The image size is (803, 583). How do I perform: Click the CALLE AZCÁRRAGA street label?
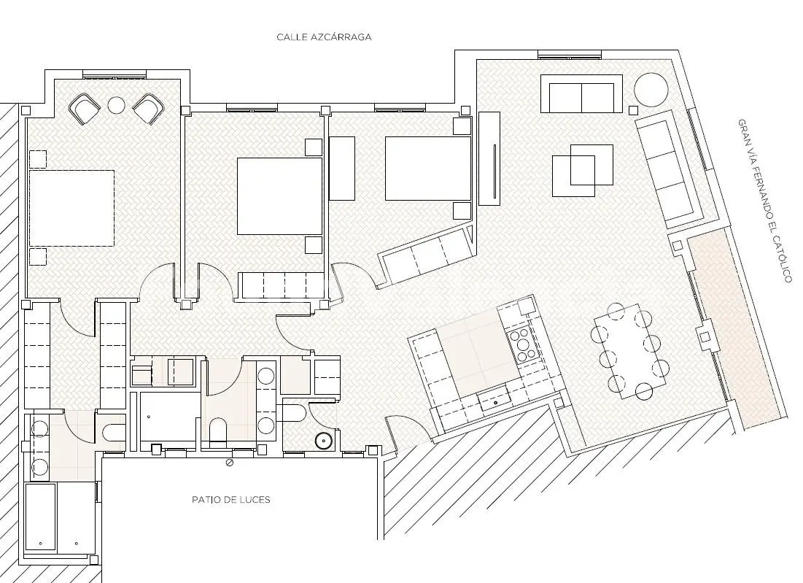click(x=324, y=37)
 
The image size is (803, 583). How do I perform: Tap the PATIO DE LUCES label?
click(x=231, y=500)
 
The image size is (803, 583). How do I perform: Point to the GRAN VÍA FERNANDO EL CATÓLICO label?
click(x=764, y=201)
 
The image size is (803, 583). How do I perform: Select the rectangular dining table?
click(x=629, y=352)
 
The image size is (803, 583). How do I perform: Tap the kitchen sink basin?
click(x=495, y=400)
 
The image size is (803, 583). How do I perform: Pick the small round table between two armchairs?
click(x=116, y=105)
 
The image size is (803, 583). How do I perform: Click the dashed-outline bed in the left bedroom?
click(x=71, y=208)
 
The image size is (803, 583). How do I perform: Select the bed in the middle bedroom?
click(x=279, y=196)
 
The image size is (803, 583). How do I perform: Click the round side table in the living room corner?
click(x=651, y=90)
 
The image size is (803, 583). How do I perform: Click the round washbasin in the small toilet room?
click(x=323, y=441)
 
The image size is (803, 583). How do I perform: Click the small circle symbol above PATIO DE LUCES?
click(x=230, y=463)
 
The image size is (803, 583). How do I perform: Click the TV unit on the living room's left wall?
click(x=489, y=158)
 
